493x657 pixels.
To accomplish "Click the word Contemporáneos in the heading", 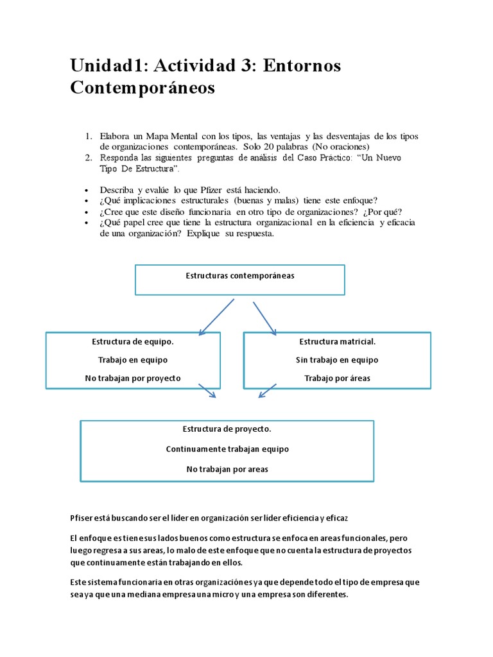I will [143, 88].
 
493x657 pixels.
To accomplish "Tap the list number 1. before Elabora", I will [89, 137].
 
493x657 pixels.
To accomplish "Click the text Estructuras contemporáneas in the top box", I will [239, 276].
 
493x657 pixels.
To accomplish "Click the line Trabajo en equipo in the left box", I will [132, 360].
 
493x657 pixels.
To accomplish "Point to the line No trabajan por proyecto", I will [132, 378].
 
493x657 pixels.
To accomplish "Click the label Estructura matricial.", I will [337, 342].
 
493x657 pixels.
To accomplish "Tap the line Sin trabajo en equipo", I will [337, 360].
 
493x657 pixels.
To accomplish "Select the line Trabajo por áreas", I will [337, 378].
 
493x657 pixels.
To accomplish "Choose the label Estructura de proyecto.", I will [227, 429].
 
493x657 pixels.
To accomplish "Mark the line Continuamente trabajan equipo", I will [227, 449].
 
